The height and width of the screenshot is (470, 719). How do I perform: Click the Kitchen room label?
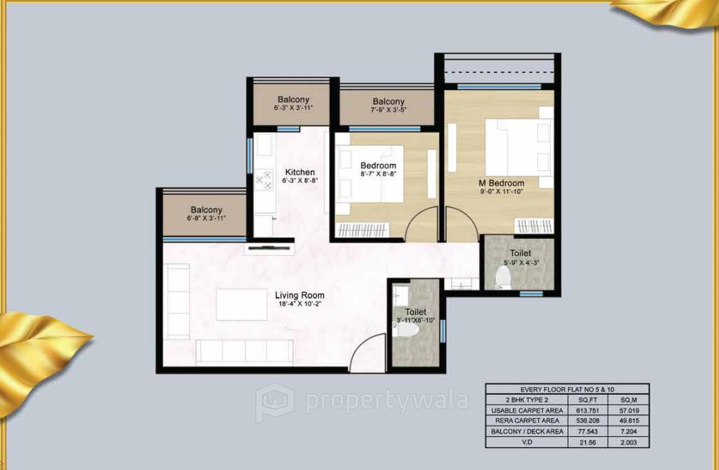point(300,172)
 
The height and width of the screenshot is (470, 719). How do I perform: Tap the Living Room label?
point(300,296)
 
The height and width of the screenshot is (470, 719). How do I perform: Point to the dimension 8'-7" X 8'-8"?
point(378,174)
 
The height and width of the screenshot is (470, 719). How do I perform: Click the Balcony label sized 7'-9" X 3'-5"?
point(388,102)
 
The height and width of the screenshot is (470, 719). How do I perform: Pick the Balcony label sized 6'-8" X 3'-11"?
point(206,210)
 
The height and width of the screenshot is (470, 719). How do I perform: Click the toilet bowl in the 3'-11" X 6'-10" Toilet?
point(400,328)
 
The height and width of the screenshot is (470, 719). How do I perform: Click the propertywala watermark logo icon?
point(275,401)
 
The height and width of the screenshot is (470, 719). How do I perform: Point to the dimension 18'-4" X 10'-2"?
point(300,305)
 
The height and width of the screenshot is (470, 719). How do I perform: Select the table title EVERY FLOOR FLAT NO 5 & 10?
point(566,389)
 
